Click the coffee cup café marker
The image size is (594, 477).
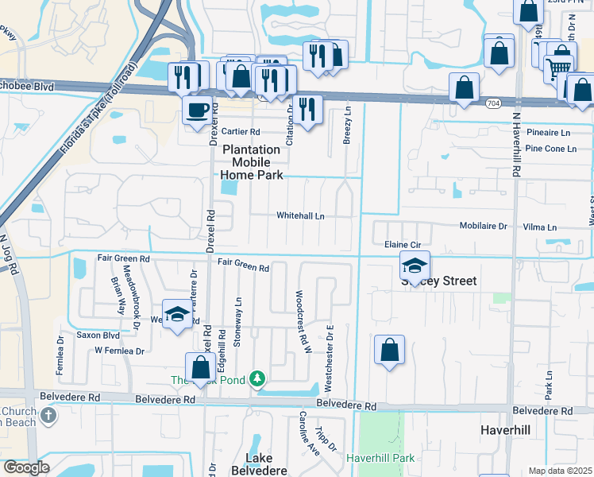[197, 110]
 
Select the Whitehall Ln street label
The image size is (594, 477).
[300, 215]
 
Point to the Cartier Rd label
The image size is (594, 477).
[241, 132]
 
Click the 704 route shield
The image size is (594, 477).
[493, 103]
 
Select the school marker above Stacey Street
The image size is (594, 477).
[414, 265]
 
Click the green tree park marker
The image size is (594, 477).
[257, 378]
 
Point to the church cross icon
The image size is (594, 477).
[48, 414]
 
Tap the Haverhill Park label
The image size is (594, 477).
[380, 458]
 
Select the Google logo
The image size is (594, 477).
[25, 467]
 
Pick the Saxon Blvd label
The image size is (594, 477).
[98, 335]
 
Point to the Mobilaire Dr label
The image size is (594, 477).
[483, 227]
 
